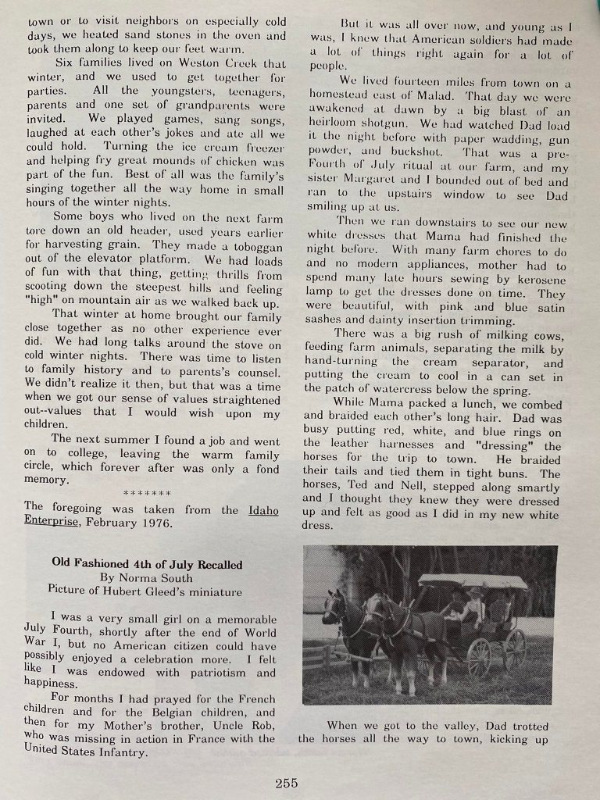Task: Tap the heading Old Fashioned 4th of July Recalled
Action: point(147,564)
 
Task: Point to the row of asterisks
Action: point(148,495)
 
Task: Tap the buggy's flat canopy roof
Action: point(473,580)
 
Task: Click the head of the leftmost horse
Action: point(333,606)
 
